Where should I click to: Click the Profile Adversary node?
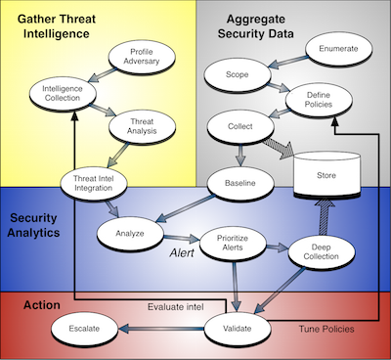142,57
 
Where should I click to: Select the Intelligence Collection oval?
63,94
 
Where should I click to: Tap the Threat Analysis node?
142,126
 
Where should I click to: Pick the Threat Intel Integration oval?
94,184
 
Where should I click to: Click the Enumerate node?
338,49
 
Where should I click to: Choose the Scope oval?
238,75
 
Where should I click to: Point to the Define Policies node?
319,100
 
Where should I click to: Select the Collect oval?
240,126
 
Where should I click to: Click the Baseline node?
240,183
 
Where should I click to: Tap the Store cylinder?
326,175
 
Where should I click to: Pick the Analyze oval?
130,234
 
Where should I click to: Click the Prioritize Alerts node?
233,243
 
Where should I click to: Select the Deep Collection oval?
322,252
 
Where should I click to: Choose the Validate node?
238,329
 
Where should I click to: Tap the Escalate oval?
84,329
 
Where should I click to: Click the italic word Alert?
182,253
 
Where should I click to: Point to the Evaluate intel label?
176,307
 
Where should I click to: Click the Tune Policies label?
326,329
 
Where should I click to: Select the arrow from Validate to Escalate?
161,329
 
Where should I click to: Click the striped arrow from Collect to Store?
278,149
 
